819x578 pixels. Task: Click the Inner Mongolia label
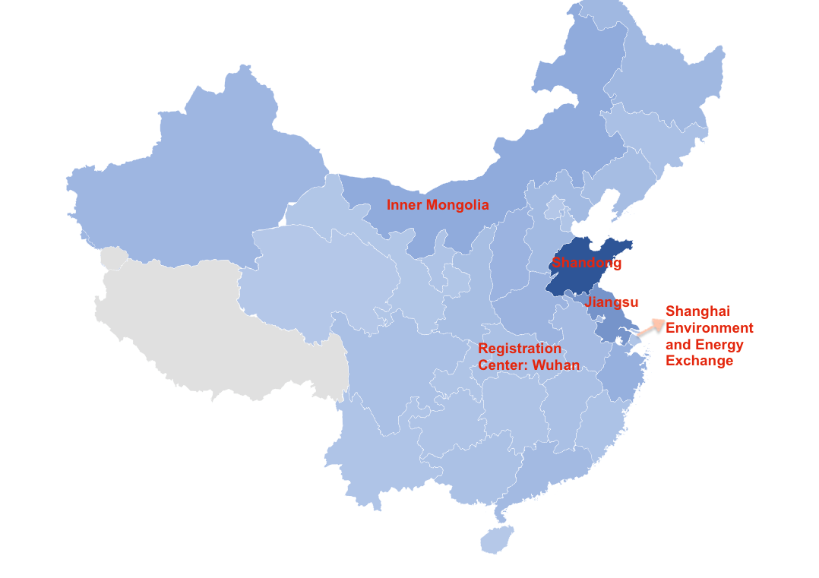click(x=438, y=205)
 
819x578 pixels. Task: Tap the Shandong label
click(x=587, y=264)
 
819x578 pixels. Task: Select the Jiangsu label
click(x=612, y=302)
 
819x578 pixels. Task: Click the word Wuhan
click(x=556, y=365)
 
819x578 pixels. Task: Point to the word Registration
click(x=520, y=349)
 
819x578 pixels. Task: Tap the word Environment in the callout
click(x=710, y=328)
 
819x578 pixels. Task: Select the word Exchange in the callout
click(x=700, y=361)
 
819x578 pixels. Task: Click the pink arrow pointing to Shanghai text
click(x=647, y=329)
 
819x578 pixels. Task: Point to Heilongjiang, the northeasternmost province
click(x=661, y=76)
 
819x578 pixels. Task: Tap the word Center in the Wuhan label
click(x=503, y=365)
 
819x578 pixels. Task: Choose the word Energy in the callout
click(x=718, y=345)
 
